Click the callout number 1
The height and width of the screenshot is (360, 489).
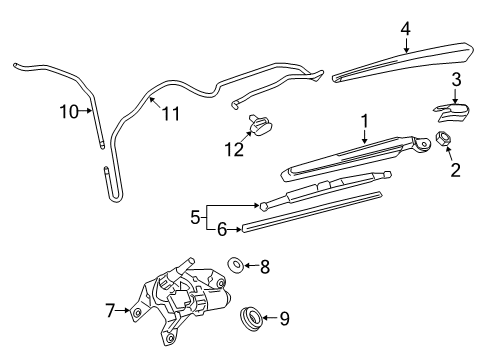point(365,120)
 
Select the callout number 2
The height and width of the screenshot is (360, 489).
point(455,170)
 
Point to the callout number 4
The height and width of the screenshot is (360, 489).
point(405,28)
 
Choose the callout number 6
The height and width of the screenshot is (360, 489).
point(223,229)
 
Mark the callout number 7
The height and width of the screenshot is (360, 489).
point(111,311)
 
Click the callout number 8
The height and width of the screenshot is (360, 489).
point(265,266)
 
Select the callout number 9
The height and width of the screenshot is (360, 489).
point(285,319)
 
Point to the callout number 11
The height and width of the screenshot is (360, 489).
point(171,113)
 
